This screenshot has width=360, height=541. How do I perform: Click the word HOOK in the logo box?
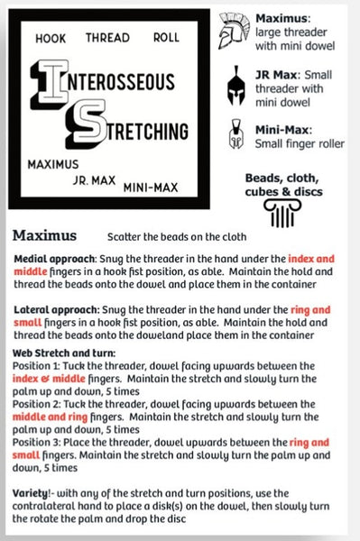51,40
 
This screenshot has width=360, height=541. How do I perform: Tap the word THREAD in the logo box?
107,39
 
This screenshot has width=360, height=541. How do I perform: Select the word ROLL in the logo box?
164,39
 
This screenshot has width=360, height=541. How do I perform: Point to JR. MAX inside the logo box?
94,179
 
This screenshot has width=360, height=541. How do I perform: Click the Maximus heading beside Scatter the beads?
50,236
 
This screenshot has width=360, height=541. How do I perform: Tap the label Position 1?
40,366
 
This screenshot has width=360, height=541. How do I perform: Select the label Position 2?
41,405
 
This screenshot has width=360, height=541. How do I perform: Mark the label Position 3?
41,444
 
